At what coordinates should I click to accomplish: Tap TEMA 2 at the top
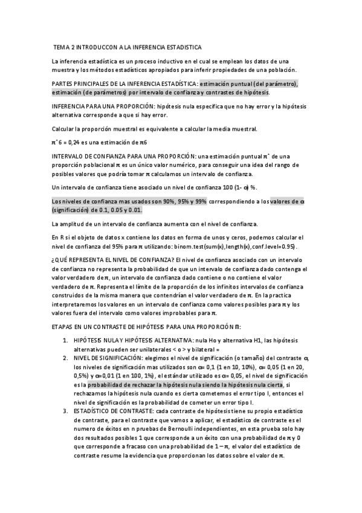[64, 47]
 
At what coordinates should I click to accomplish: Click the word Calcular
[65, 128]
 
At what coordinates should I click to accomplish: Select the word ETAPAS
[63, 326]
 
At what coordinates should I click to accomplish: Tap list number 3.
[66, 411]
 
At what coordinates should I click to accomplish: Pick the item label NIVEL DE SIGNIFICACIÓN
[108, 358]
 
